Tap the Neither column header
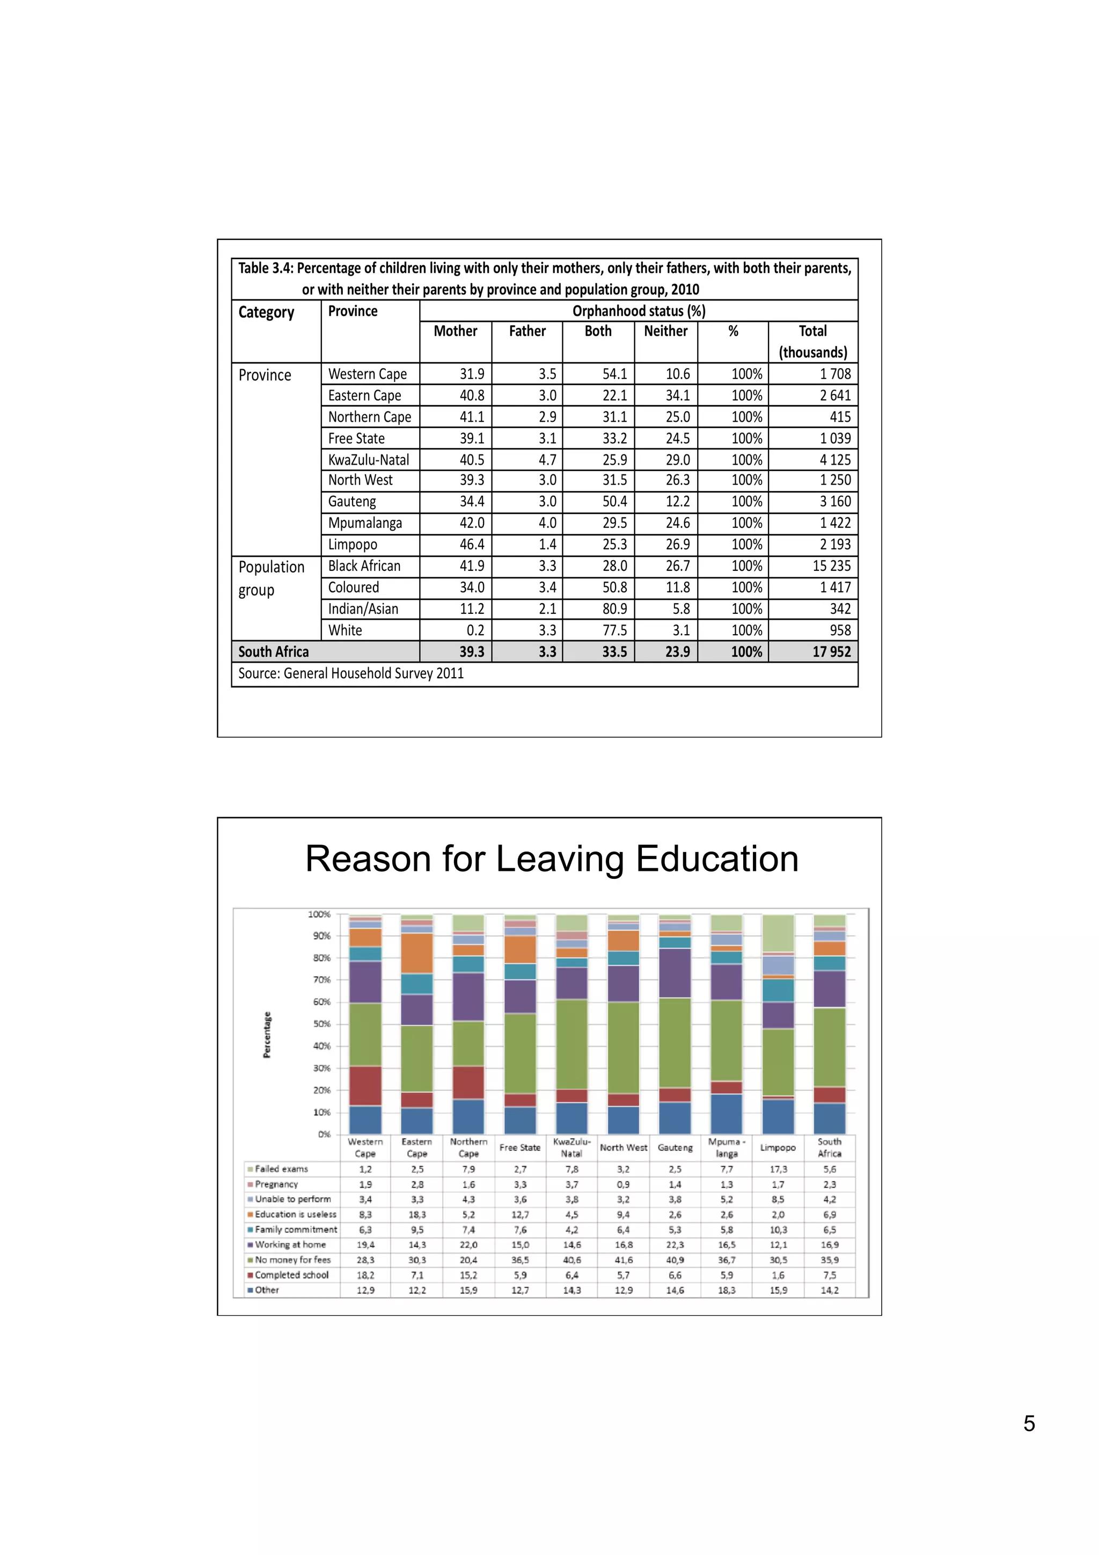pyautogui.click(x=665, y=331)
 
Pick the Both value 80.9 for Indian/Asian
pyautogui.click(x=614, y=609)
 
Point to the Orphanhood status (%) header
pyautogui.click(x=639, y=311)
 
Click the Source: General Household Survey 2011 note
pyautogui.click(x=351, y=673)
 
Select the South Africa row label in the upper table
pyautogui.click(x=274, y=651)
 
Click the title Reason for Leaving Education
pyautogui.click(x=551, y=859)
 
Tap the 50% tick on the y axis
pyautogui.click(x=321, y=1024)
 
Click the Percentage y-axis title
pyautogui.click(x=267, y=1035)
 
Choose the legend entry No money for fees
pyautogui.click(x=292, y=1260)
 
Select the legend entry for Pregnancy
pyautogui.click(x=276, y=1184)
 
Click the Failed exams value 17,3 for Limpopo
pyautogui.click(x=778, y=1169)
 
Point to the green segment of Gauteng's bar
pyautogui.click(x=675, y=1043)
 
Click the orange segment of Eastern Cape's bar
pyautogui.click(x=416, y=953)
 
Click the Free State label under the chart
pyautogui.click(x=519, y=1147)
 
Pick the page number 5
pyautogui.click(x=1029, y=1423)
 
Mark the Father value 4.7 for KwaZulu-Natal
pyautogui.click(x=547, y=460)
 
